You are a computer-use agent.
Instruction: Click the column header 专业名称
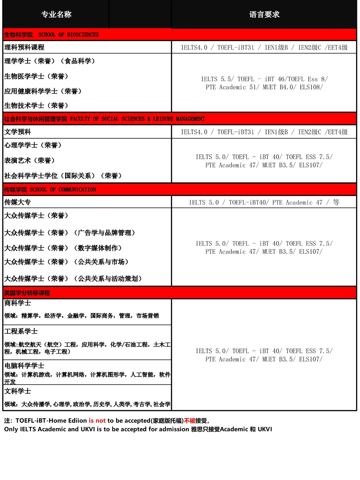tap(56, 14)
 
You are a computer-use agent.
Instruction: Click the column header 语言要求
tap(264, 14)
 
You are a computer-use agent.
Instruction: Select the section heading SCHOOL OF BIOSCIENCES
tap(68, 35)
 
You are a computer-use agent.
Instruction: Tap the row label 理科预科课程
tap(24, 47)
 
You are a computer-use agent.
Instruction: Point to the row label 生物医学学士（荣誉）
tap(36, 76)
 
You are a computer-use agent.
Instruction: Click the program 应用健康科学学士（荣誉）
tap(43, 91)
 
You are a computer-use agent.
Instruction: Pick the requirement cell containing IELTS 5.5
tap(264, 83)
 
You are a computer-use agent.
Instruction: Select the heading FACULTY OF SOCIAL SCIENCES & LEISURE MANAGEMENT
tap(137, 119)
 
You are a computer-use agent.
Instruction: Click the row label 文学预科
tap(18, 132)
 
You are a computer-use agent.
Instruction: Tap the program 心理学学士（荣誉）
tap(33, 145)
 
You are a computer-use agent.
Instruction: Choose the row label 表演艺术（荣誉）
tap(30, 160)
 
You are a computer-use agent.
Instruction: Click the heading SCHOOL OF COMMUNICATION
tap(63, 190)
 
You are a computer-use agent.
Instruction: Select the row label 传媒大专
tap(18, 202)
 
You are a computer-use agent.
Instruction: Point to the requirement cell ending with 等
tap(264, 202)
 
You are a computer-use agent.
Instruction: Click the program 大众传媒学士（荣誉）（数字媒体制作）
tap(63, 248)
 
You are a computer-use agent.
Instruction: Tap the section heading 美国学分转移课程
tap(27, 293)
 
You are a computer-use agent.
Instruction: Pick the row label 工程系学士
tap(21, 331)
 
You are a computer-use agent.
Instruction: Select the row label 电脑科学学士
tap(24, 366)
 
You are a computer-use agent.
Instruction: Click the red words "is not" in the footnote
tap(97, 421)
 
